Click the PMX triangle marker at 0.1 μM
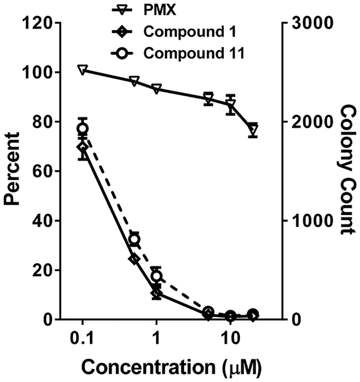click(x=83, y=70)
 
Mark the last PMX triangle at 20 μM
click(x=253, y=129)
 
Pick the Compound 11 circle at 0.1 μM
click(x=83, y=129)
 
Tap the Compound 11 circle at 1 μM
click(x=157, y=276)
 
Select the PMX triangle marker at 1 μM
click(x=157, y=89)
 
